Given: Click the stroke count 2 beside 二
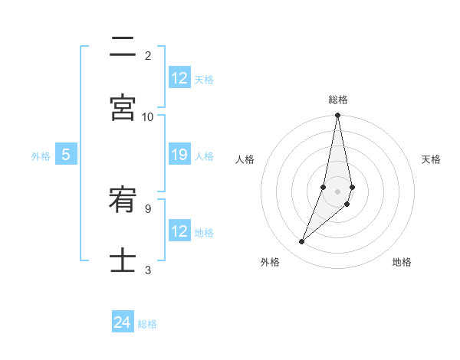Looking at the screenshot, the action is tap(148, 55).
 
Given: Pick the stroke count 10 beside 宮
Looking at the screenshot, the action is tap(148, 116).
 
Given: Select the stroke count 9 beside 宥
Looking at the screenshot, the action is tap(147, 208).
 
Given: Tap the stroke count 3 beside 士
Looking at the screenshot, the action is tap(148, 270).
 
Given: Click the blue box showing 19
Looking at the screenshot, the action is tap(179, 155).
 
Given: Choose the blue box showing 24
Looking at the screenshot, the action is tap(123, 322).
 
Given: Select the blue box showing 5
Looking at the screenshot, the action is tap(66, 155).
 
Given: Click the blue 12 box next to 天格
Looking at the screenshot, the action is tap(179, 78).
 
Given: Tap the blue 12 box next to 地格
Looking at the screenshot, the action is tap(179, 231).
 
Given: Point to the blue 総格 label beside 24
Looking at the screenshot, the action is tap(147, 324).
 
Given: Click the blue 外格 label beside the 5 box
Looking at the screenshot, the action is tap(41, 156).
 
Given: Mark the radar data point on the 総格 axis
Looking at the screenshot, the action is tap(337, 116).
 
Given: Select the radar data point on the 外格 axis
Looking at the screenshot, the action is tap(302, 242).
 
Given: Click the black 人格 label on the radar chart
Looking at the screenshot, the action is tap(245, 159).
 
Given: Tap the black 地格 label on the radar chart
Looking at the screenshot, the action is tap(402, 262).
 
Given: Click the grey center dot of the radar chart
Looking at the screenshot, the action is tap(337, 191).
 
